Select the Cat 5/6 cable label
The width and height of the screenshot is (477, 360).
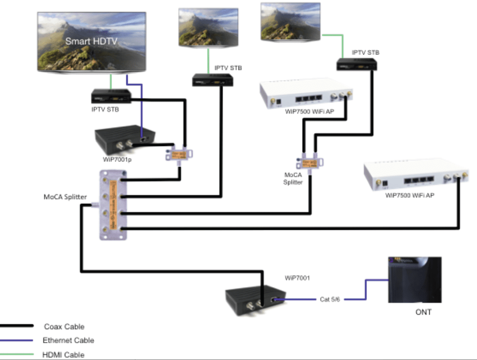(331, 299)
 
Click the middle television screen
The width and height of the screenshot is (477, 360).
(208, 27)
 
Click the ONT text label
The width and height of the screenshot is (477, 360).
(424, 312)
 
